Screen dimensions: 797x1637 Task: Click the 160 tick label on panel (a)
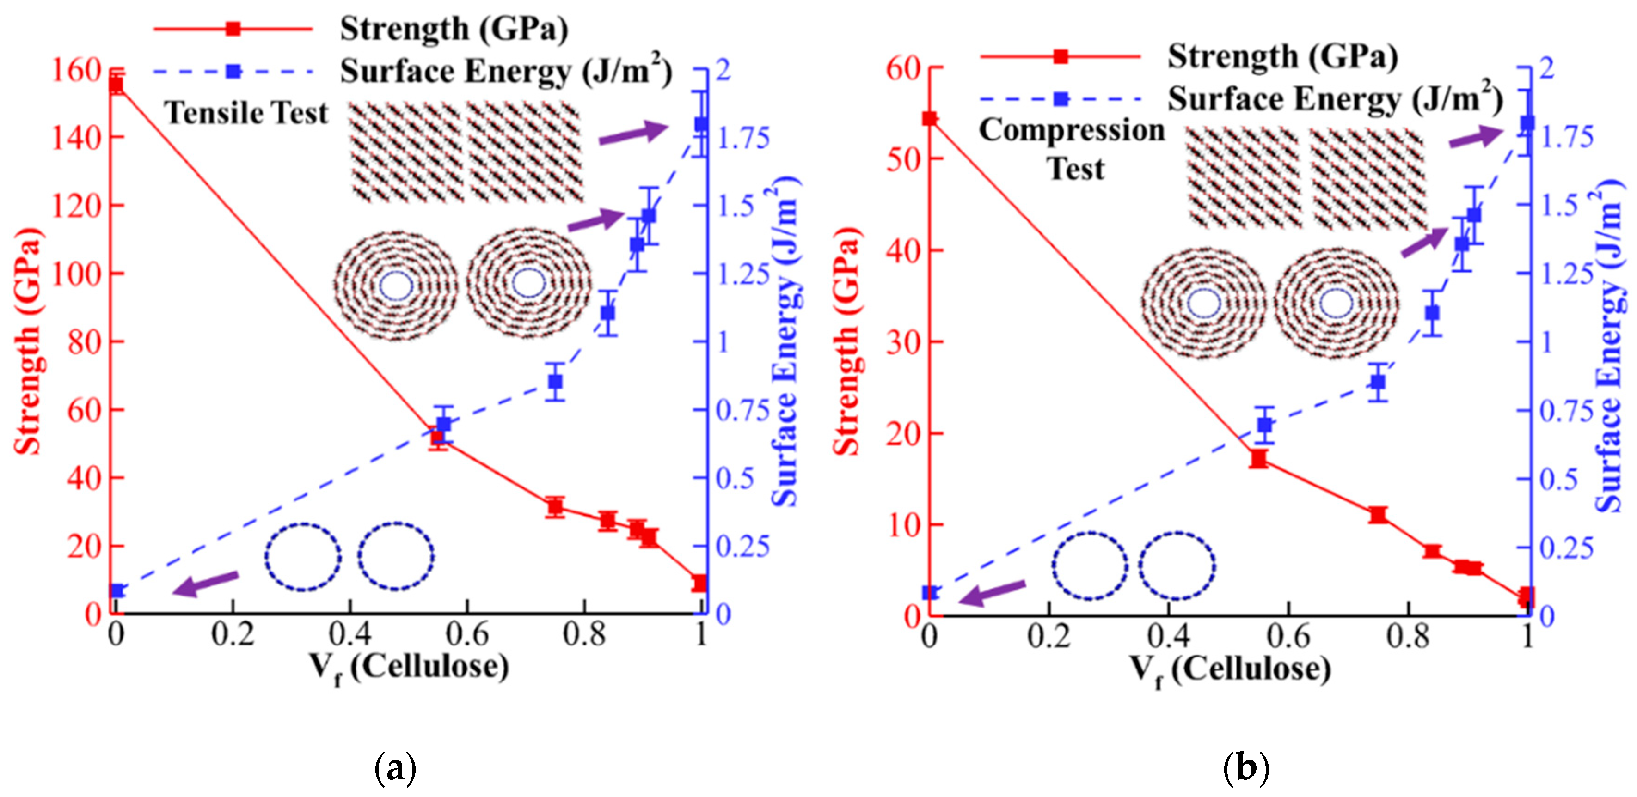[x=76, y=70]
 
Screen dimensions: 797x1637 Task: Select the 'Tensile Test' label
[x=246, y=114]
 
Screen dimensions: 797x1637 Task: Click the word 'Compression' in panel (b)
[x=1072, y=130]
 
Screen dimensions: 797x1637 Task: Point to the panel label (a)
[x=396, y=768]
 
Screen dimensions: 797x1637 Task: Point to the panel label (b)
[x=1245, y=768]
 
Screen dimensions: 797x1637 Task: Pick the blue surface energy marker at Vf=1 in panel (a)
[x=701, y=124]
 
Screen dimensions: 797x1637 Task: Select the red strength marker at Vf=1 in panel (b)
[x=1525, y=596]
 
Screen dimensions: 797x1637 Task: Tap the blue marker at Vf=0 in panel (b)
[x=930, y=592]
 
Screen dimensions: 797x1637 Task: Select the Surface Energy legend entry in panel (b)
[x=1335, y=99]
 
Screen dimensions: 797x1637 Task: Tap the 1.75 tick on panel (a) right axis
[x=742, y=138]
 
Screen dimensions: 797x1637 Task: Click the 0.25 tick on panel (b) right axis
[x=1566, y=547]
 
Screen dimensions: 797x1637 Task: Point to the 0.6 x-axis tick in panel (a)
[x=466, y=634]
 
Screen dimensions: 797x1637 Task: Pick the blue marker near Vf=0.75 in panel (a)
[x=555, y=382]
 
